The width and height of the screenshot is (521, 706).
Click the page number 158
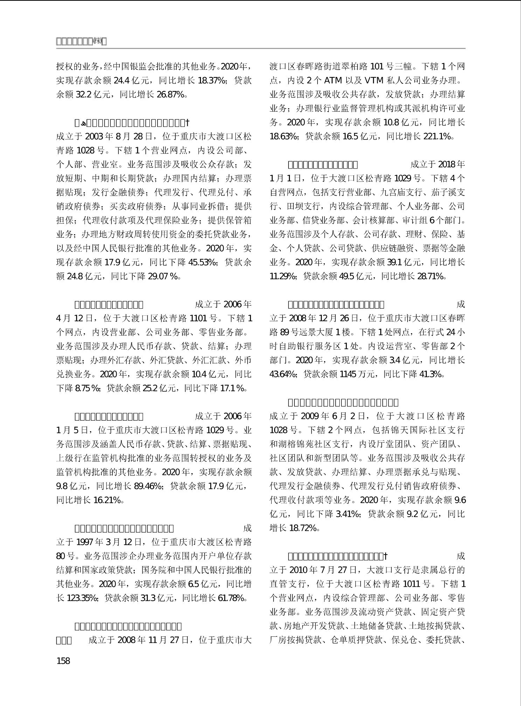click(63, 661)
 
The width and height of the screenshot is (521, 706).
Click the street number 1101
click(198, 318)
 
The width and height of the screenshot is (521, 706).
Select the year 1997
click(85, 542)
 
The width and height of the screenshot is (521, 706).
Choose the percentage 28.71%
click(431, 276)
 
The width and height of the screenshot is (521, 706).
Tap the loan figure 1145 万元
click(353, 374)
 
